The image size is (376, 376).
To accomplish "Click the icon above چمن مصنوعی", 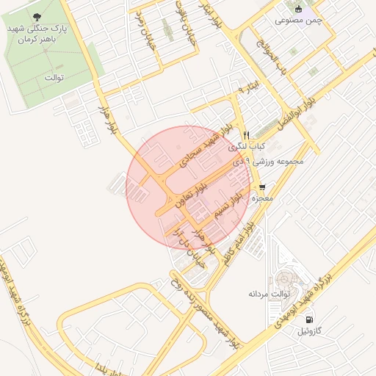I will [299, 9].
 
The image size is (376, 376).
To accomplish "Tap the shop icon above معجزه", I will [262, 187].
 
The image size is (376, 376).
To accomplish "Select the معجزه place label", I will [262, 198].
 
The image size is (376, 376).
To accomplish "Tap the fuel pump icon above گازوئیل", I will [309, 320].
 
